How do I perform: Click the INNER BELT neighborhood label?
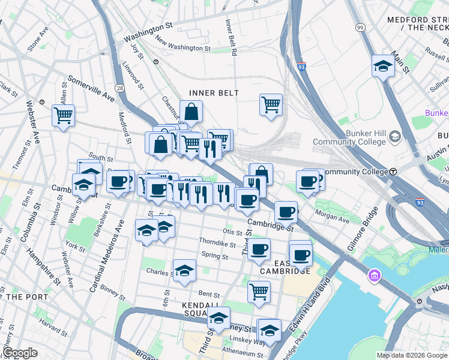214,93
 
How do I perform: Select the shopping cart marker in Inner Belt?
271,104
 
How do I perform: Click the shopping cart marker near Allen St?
63,114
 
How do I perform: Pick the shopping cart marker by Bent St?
259,291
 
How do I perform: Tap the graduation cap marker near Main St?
382,66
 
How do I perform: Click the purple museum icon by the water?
374,277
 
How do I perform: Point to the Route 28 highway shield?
120,71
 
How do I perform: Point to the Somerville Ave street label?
91,88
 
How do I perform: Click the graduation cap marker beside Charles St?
184,271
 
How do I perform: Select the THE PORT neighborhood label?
22,296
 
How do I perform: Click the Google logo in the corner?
20,352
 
